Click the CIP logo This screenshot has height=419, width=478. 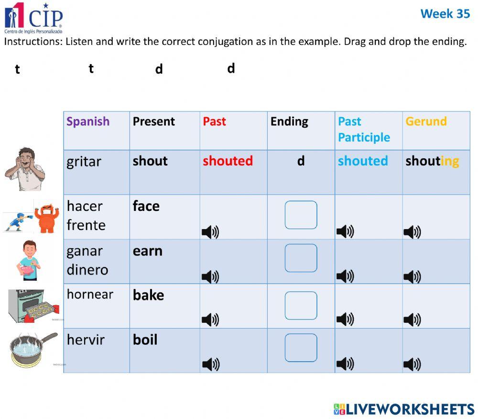(33, 17)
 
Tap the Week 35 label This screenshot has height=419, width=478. (445, 14)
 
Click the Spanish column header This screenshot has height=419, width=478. (88, 121)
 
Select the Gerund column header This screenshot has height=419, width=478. (426, 121)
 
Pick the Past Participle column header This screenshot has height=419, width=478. (364, 130)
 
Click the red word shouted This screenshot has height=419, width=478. (228, 161)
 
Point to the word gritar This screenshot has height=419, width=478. (84, 162)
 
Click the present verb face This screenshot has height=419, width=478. (146, 206)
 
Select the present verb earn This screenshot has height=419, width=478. (148, 251)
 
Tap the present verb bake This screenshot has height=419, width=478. (148, 295)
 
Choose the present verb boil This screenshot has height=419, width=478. (145, 340)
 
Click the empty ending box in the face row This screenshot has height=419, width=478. (301, 215)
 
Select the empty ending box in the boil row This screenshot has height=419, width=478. (301, 348)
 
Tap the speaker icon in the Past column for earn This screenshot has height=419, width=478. (210, 276)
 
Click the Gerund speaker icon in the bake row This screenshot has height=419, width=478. (412, 320)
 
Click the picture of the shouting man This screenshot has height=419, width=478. (25, 169)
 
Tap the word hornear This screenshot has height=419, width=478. (90, 294)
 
